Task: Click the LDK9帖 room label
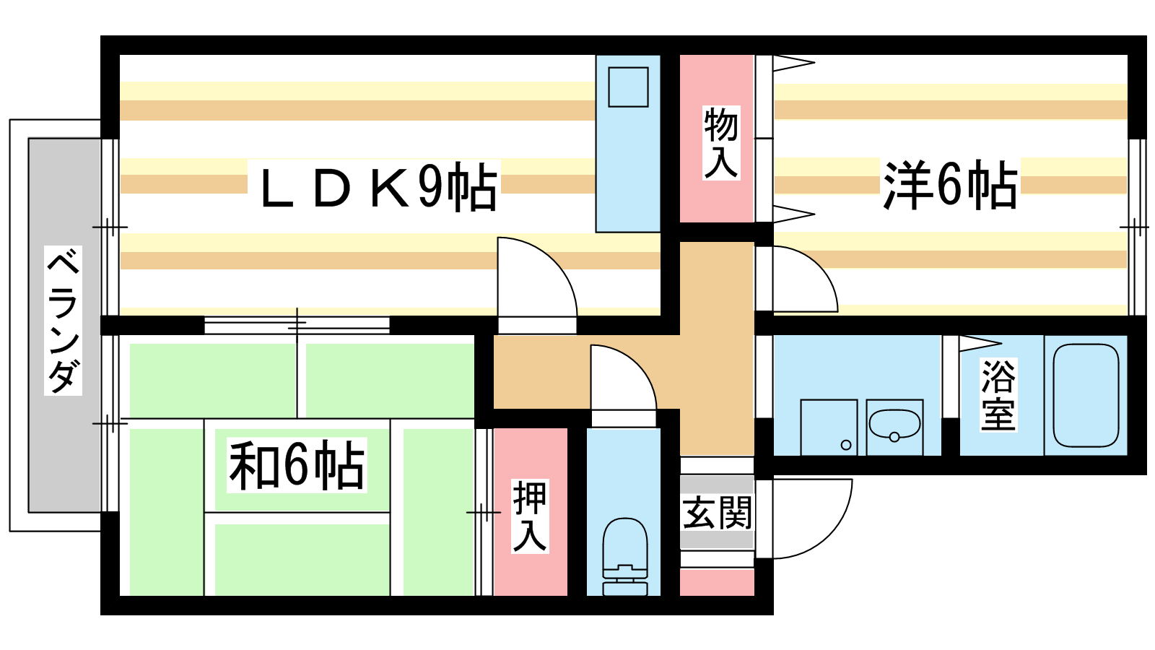tap(379, 186)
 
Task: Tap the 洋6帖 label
tap(950, 185)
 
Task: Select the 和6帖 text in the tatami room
tap(297, 465)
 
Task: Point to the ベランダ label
tap(63, 321)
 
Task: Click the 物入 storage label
tap(721, 143)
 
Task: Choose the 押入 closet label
tap(530, 516)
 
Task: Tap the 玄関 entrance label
tap(718, 513)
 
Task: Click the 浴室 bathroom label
tap(998, 395)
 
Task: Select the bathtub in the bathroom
tap(1086, 395)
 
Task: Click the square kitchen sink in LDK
tap(628, 87)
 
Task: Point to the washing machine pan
tap(829, 427)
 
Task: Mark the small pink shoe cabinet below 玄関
tap(718, 582)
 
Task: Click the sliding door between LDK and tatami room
tap(297, 325)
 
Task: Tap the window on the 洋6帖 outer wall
tap(1136, 227)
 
